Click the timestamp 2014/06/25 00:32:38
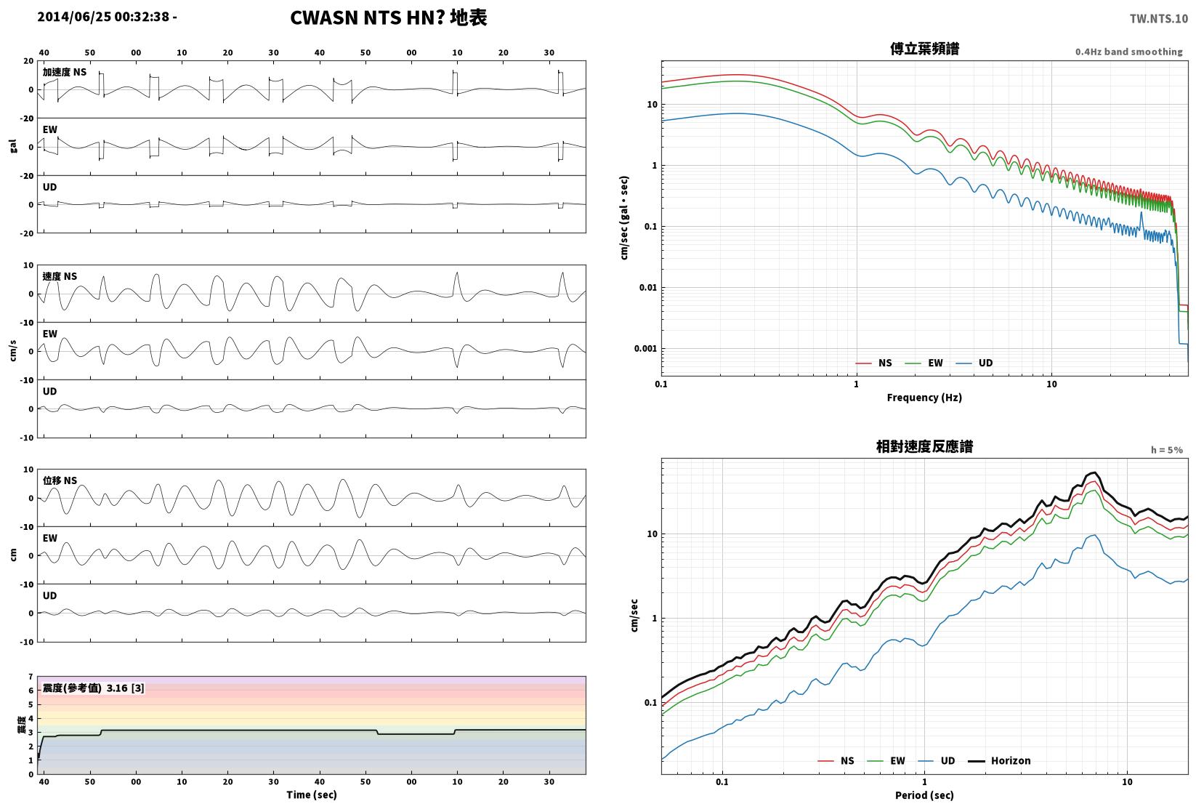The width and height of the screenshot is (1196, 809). pos(103,17)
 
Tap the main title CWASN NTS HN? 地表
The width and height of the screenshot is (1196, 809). pos(388,17)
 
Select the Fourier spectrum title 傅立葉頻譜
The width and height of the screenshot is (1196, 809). pos(924,49)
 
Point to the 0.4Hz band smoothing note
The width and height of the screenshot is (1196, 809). pos(1128,52)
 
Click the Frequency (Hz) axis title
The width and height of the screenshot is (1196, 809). pos(924,398)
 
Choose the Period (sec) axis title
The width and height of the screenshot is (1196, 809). pos(924,795)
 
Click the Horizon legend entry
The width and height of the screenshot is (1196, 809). pos(1000,760)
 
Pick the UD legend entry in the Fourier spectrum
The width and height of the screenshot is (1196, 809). pos(974,363)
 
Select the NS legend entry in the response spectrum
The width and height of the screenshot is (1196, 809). pos(836,760)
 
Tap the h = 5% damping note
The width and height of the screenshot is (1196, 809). pos(1167,450)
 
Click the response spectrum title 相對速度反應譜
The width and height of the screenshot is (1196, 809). pos(924,446)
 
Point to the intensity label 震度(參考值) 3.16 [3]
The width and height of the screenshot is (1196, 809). pos(94,688)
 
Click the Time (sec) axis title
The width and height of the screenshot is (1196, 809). pos(312,794)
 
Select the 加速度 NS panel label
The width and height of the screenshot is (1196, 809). pos(65,72)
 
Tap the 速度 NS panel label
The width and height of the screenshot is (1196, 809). pos(60,276)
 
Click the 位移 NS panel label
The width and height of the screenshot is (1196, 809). pos(60,480)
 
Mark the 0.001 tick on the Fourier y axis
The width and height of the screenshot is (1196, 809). pos(645,349)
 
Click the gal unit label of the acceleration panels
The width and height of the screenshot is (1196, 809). pos(13,146)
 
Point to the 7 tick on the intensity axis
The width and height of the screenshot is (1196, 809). pos(31,677)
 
